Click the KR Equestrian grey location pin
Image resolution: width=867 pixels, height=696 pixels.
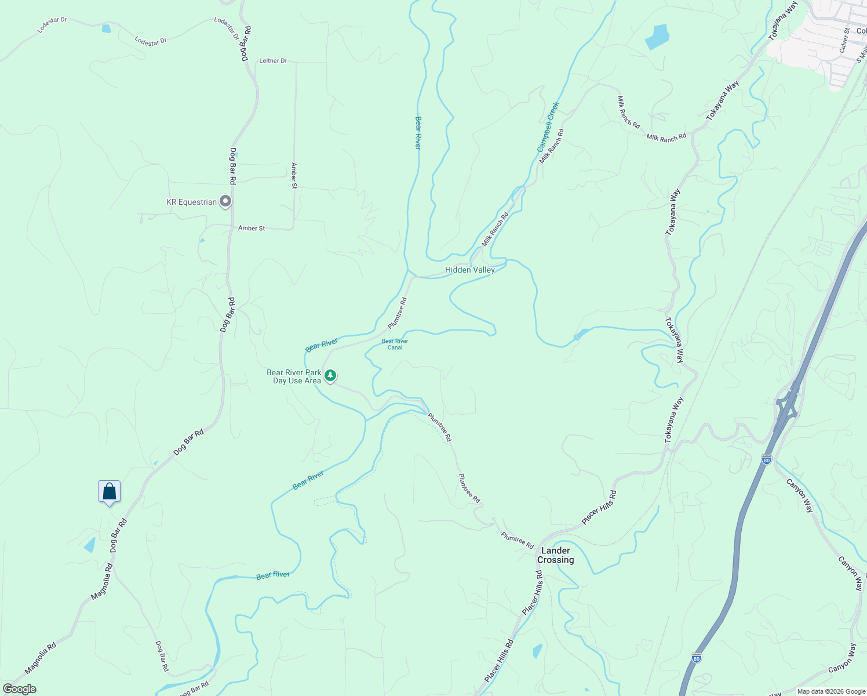(226, 201)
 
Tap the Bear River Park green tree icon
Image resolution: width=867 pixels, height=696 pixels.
(330, 376)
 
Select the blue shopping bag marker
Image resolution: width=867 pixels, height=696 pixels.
(109, 492)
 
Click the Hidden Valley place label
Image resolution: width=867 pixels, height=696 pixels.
(470, 270)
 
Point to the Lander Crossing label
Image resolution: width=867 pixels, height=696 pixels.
(555, 555)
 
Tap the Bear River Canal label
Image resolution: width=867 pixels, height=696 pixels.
(395, 344)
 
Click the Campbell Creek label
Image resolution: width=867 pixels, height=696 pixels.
(548, 126)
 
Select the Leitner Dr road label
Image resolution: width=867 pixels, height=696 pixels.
(273, 60)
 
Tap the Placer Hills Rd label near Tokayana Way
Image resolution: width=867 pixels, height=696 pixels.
(599, 507)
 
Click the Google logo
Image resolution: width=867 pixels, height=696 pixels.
(19, 689)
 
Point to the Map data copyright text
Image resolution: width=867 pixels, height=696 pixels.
(831, 691)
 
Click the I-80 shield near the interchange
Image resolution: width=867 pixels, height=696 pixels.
(767, 460)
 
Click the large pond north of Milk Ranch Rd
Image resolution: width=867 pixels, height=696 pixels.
(657, 37)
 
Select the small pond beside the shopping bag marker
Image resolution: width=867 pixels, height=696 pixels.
(90, 545)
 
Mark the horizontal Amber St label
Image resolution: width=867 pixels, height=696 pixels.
(252, 228)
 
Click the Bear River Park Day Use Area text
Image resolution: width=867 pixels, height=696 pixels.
(294, 376)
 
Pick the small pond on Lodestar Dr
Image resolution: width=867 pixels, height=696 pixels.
(106, 28)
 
